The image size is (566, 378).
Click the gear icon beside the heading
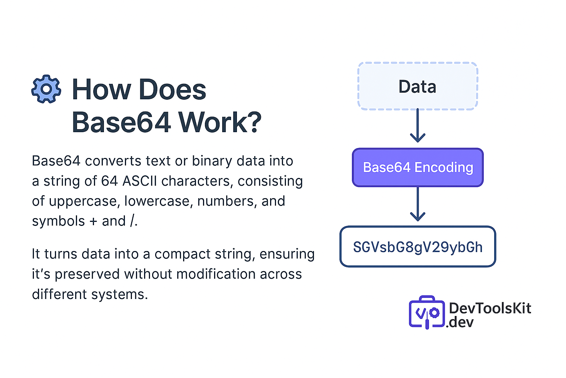(x=46, y=89)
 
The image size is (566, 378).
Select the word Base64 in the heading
(x=121, y=122)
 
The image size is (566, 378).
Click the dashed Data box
(x=417, y=86)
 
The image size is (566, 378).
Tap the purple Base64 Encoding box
(x=417, y=168)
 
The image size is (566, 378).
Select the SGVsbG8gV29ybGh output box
(x=417, y=247)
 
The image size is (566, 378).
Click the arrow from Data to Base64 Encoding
(x=417, y=126)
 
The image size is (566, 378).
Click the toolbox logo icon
(x=427, y=312)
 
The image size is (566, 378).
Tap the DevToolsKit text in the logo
(x=490, y=308)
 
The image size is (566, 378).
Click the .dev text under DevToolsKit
(x=460, y=322)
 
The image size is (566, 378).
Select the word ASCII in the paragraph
(x=140, y=181)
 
